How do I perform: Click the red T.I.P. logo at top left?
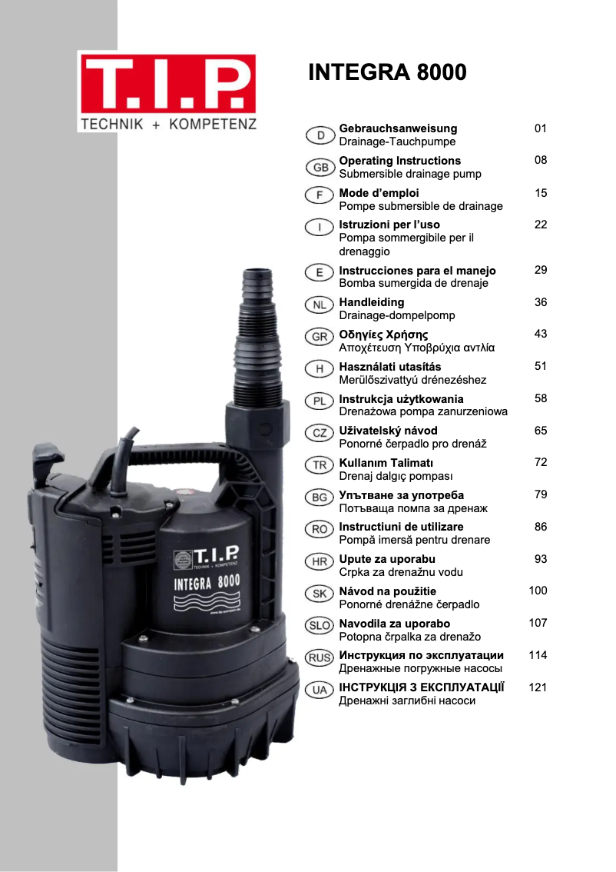pyautogui.click(x=167, y=84)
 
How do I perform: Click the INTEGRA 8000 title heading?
pyautogui.click(x=387, y=72)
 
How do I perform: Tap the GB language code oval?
pyautogui.click(x=320, y=168)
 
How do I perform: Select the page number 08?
pyautogui.click(x=541, y=160)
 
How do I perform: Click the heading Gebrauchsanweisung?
pyautogui.click(x=398, y=128)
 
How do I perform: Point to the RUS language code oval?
pyautogui.click(x=320, y=658)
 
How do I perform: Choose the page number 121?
pyautogui.click(x=538, y=687)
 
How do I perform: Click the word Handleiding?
pyautogui.click(x=372, y=302)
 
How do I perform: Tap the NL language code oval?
pyautogui.click(x=320, y=305)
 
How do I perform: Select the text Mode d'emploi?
pyautogui.click(x=379, y=193)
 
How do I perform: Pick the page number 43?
pyautogui.click(x=541, y=334)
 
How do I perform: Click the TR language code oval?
pyautogui.click(x=320, y=465)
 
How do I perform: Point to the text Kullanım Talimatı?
pyautogui.click(x=386, y=463)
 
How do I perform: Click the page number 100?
pyautogui.click(x=538, y=591)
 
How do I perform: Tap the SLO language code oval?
pyautogui.click(x=320, y=626)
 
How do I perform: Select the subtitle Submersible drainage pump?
pyautogui.click(x=410, y=174)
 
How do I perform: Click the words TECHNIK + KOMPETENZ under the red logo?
pyautogui.click(x=168, y=124)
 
